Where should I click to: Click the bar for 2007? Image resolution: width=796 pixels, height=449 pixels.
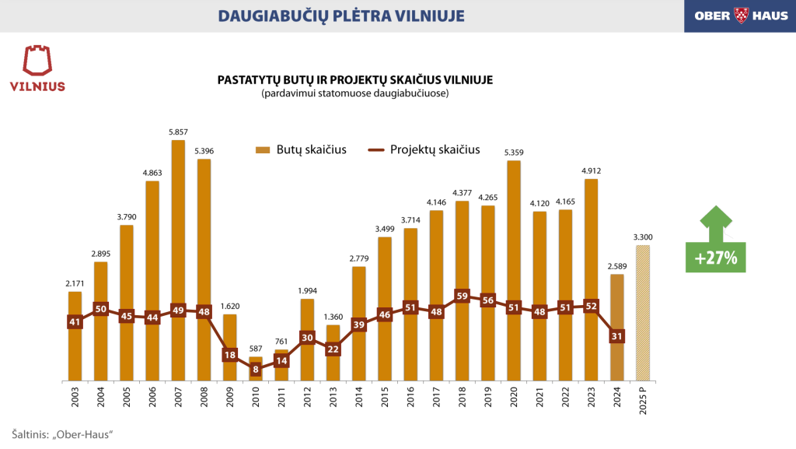click(x=178, y=233)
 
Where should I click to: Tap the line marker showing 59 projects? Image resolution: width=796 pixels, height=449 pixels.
click(x=462, y=296)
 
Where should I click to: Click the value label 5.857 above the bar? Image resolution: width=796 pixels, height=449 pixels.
click(x=178, y=132)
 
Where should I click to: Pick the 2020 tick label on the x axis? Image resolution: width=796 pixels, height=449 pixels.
click(x=514, y=401)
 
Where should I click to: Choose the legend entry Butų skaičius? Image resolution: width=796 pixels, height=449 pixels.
click(x=300, y=150)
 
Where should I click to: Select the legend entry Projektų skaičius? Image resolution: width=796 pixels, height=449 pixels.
click(x=424, y=150)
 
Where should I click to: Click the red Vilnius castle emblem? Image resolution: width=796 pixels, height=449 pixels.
click(x=37, y=61)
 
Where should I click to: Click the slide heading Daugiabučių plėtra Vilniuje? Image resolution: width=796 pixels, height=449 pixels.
click(x=341, y=16)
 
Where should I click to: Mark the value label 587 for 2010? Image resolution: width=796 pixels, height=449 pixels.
click(x=256, y=349)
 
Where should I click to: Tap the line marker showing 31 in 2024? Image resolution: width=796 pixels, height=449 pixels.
click(x=616, y=336)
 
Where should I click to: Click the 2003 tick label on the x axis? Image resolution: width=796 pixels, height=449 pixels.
click(x=75, y=401)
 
